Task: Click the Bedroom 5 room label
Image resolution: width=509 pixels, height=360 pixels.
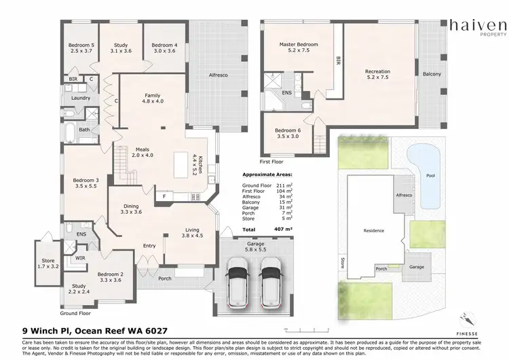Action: [x=81, y=48]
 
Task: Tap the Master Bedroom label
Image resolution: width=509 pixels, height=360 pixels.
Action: [x=299, y=48]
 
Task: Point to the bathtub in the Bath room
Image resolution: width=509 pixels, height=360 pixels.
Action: [x=70, y=129]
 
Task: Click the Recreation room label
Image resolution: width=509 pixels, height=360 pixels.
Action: [x=378, y=73]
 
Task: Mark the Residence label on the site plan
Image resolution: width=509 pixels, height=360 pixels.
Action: [x=374, y=231]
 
